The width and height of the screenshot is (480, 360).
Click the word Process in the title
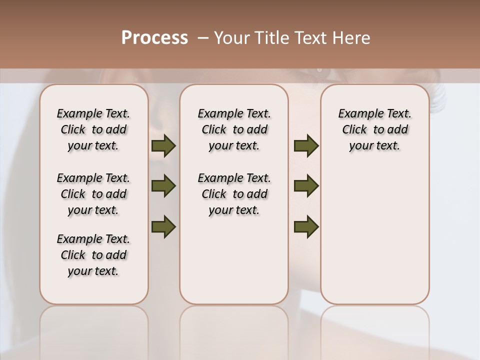(x=154, y=38)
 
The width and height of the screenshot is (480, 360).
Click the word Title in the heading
(x=270, y=38)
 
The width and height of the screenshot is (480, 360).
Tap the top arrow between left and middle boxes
(x=163, y=146)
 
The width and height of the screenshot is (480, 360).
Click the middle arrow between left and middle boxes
(x=163, y=186)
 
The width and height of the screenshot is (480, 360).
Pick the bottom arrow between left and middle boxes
(x=163, y=226)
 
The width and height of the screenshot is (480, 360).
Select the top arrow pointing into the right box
(x=306, y=146)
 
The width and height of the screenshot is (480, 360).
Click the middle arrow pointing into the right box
(x=306, y=186)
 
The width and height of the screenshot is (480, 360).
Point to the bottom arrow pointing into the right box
(x=306, y=226)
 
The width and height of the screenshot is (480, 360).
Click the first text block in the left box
(x=93, y=129)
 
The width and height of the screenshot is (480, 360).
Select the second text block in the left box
(x=93, y=194)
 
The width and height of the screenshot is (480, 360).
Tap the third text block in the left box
(x=93, y=255)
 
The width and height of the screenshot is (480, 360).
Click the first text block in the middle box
(x=234, y=129)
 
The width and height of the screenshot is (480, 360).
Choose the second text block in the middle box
(x=234, y=194)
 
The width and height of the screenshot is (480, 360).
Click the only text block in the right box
(x=375, y=129)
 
